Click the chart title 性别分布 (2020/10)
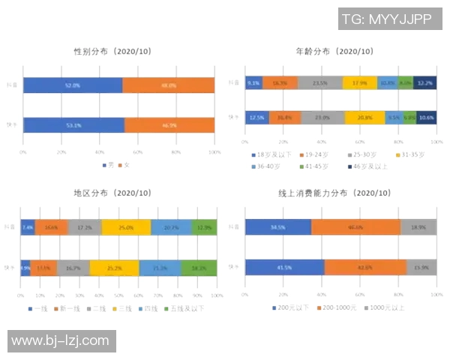click(112, 51)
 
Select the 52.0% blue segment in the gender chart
click(73, 85)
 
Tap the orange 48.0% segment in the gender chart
click(168, 85)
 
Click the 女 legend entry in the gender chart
click(125, 164)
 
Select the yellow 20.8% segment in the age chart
click(364, 118)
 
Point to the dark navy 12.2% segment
click(426, 82)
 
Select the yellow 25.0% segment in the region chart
click(126, 227)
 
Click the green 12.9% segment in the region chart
click(204, 227)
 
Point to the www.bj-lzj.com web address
click(61, 341)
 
